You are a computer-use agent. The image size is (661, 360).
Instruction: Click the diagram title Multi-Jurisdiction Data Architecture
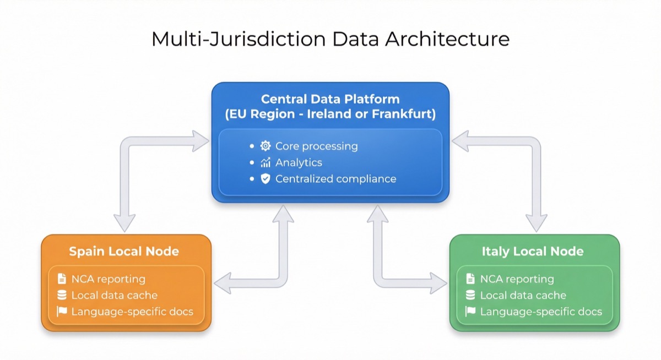tap(330, 40)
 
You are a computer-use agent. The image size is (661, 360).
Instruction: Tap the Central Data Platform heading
tap(330, 99)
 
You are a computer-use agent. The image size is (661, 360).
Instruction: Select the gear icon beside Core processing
tap(266, 146)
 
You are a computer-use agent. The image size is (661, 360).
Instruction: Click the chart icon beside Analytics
tap(266, 162)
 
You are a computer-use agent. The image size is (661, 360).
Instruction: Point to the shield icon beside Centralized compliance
tap(266, 179)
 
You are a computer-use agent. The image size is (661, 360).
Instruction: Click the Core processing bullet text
tap(316, 146)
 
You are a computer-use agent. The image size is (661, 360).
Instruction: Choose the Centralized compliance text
tap(335, 179)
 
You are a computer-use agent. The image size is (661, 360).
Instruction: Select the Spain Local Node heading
tap(124, 252)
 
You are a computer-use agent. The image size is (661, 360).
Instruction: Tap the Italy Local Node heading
tap(533, 252)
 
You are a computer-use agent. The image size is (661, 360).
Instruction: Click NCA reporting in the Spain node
tap(108, 279)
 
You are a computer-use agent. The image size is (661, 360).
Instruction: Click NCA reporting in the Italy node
tap(517, 279)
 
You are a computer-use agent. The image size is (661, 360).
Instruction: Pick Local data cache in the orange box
tap(114, 296)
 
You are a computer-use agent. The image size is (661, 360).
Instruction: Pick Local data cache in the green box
tap(523, 296)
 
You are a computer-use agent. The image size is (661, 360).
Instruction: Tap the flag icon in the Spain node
tap(62, 312)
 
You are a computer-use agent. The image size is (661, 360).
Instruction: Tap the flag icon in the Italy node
tap(470, 312)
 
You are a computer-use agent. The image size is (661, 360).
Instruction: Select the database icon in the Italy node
tap(470, 296)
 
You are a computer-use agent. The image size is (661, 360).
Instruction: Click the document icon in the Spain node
tap(62, 279)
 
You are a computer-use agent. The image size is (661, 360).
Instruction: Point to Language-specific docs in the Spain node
tap(132, 312)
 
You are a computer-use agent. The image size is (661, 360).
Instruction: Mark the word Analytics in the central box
tap(299, 162)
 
